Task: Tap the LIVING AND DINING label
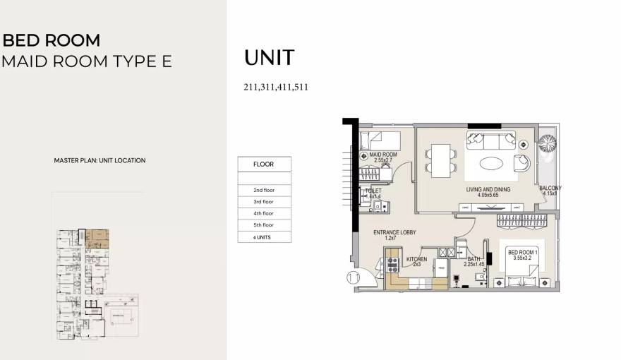coord(488,190)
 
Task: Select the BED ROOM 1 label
coord(523,253)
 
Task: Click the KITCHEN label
coord(417,259)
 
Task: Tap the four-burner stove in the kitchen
coord(393,266)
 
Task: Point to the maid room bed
coord(380,138)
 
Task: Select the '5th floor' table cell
coord(263,225)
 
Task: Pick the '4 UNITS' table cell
coord(263,237)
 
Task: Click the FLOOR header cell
coord(263,164)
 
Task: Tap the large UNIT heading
coord(269,59)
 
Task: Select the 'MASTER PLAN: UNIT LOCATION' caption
coord(100,160)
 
